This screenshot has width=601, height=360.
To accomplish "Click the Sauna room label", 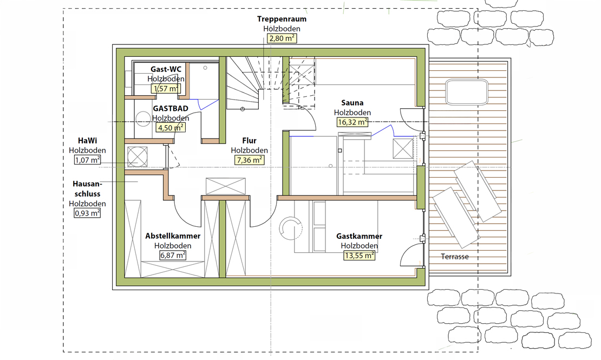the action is click(x=352, y=103).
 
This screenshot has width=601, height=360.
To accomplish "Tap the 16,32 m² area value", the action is click(x=352, y=122).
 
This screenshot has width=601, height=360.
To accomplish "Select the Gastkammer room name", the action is click(x=359, y=236).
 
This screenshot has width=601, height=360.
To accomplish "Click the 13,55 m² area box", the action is click(x=359, y=256).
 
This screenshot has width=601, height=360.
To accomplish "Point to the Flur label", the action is click(x=249, y=141).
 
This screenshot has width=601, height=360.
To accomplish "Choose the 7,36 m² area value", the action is click(x=249, y=160).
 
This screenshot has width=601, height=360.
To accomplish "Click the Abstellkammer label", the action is click(x=173, y=236).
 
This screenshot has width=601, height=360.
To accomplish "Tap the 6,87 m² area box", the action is click(x=173, y=255).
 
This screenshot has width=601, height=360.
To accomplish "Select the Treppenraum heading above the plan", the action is click(x=282, y=19).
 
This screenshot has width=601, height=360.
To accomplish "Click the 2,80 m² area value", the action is click(x=282, y=38).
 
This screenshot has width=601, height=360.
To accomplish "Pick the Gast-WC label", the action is click(x=166, y=69).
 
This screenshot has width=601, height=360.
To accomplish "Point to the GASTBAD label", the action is click(x=171, y=108).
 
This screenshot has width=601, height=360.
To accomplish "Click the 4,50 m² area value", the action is click(x=171, y=128).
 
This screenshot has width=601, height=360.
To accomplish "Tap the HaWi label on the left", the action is click(x=87, y=141).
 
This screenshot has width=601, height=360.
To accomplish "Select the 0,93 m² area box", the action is click(x=87, y=213).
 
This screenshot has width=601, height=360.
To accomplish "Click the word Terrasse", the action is click(x=455, y=257).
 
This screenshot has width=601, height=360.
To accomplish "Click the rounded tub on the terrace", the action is click(x=467, y=91).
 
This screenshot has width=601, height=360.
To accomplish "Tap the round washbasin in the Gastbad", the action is click(x=143, y=119).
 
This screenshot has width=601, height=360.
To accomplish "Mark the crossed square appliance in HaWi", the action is click(x=137, y=156).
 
